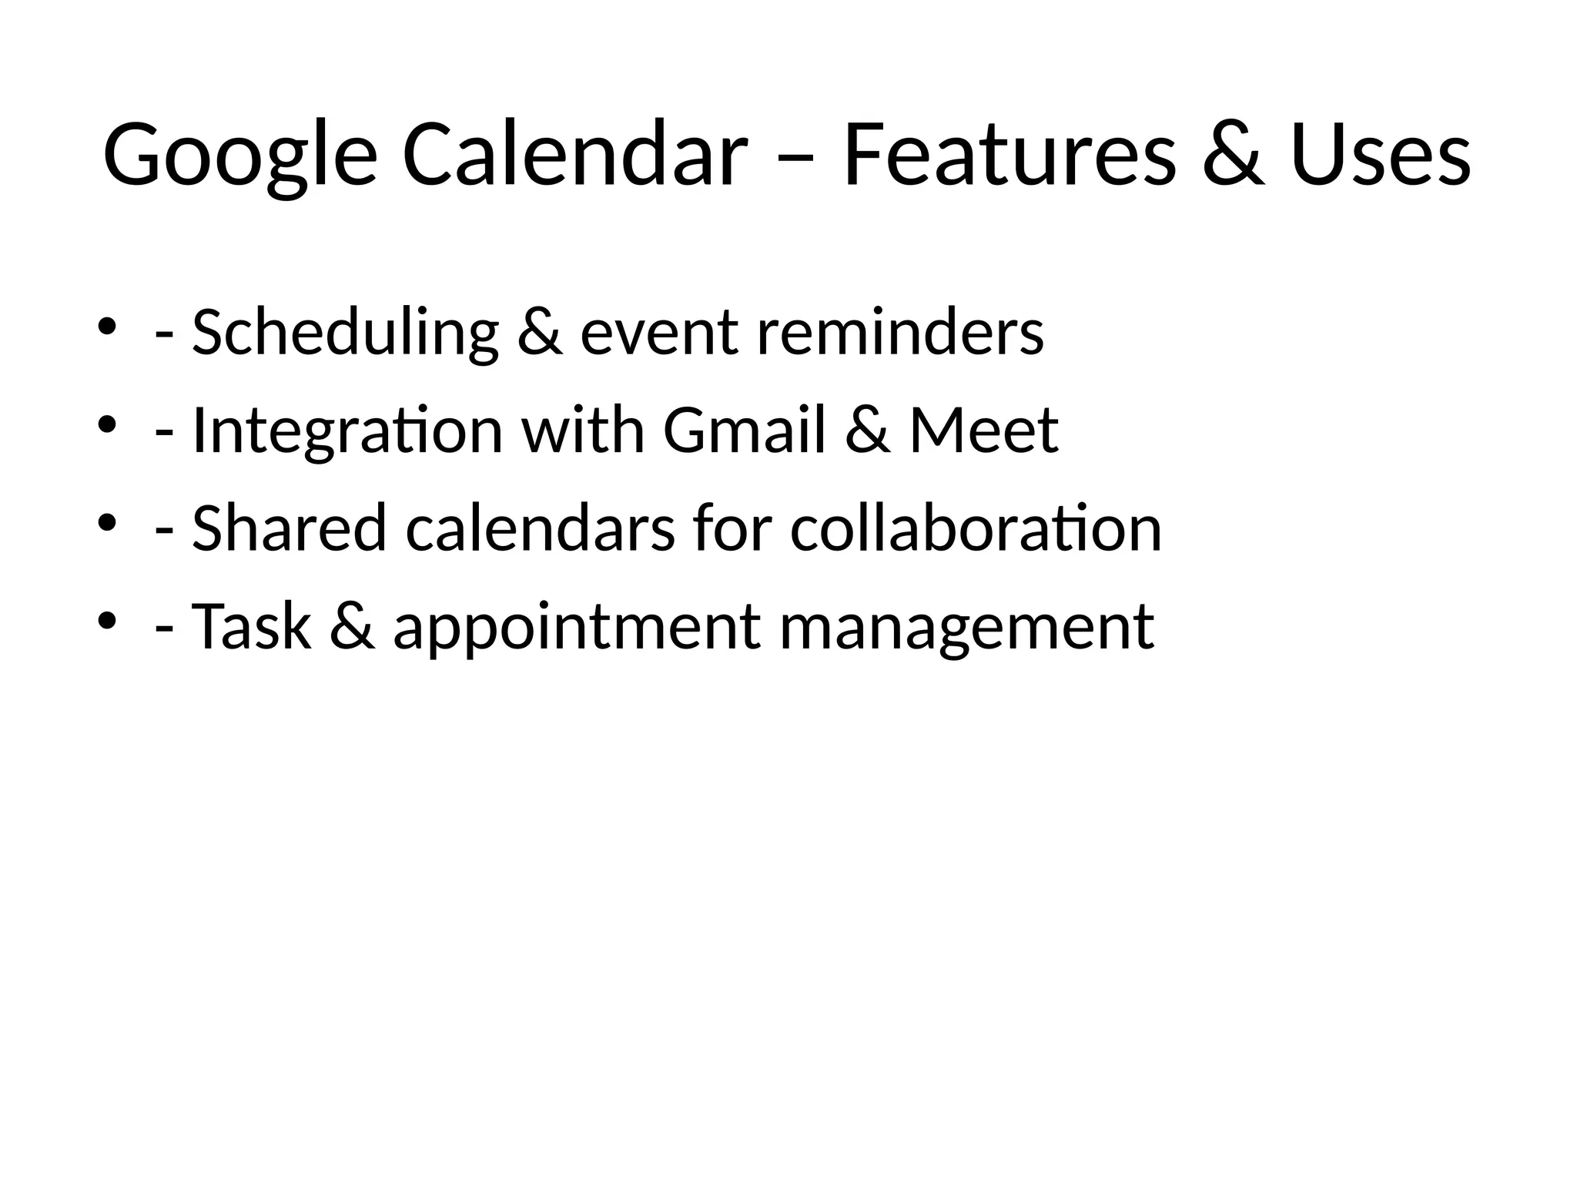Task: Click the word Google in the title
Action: [x=239, y=156]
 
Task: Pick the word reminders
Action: [x=900, y=333]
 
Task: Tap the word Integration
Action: [x=347, y=431]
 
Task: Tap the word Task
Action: [x=251, y=625]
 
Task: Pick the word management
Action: [x=966, y=627]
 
